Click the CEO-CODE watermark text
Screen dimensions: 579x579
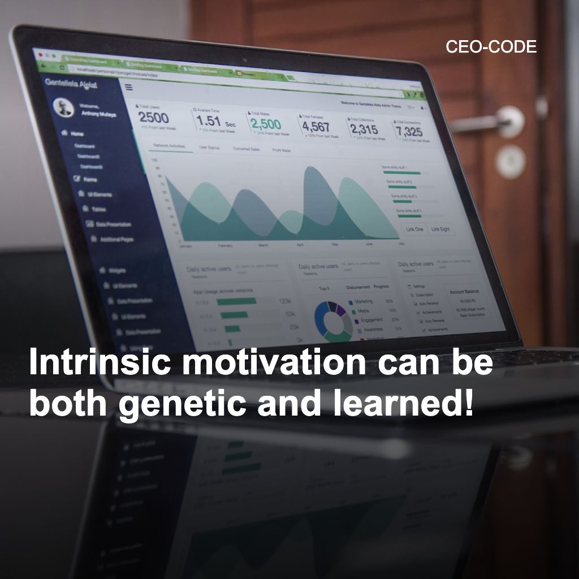coord(491,47)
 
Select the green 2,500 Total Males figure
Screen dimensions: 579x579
coord(265,123)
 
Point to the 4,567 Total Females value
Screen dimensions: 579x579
coord(315,127)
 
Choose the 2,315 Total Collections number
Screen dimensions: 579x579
coord(364,129)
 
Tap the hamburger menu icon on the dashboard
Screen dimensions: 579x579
coord(128,87)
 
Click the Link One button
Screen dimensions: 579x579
coord(414,229)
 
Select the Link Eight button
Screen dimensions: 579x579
coord(440,230)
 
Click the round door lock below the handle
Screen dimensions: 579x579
coord(510,159)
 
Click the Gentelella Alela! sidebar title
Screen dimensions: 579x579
coord(71,84)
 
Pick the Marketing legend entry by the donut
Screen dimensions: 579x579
coord(363,302)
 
